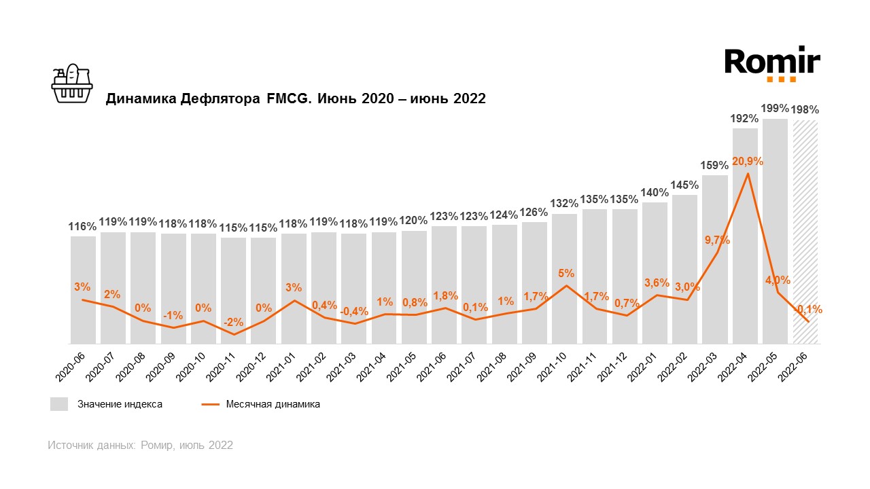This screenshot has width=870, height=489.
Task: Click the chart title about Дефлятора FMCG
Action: click(x=295, y=98)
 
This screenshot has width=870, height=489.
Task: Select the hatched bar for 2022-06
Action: click(x=805, y=231)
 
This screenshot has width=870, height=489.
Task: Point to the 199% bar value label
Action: click(x=775, y=109)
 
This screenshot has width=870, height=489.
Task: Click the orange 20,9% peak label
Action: click(x=748, y=162)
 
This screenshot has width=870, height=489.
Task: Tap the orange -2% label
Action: click(x=233, y=323)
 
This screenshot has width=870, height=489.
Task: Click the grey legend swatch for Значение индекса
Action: click(x=59, y=404)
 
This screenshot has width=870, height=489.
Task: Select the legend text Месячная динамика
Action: click(x=273, y=404)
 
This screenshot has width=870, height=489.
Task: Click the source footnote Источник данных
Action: click(x=140, y=446)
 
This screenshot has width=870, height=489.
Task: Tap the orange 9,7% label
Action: click(x=718, y=240)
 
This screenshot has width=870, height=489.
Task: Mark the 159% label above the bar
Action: click(x=715, y=165)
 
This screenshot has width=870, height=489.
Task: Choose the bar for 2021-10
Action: click(x=564, y=278)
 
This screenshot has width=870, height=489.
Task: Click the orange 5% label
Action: click(x=566, y=273)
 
